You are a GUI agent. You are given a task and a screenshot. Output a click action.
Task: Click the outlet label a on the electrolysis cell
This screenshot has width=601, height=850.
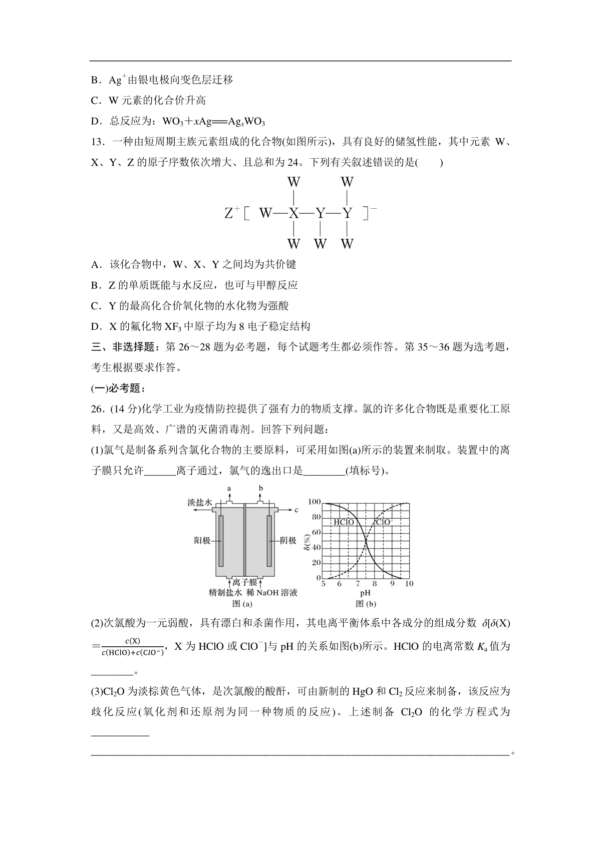229,487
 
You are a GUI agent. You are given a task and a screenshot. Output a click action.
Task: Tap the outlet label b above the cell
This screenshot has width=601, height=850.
261,487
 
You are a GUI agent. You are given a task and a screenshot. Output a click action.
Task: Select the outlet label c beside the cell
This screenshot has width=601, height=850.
296,510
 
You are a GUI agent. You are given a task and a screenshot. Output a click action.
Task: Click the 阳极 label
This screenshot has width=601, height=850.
202,541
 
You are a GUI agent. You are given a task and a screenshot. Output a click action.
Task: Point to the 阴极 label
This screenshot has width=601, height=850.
288,541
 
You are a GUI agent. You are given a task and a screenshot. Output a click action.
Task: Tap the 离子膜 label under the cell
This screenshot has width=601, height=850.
245,582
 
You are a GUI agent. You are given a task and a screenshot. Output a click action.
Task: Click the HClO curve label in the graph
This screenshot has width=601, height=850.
344,522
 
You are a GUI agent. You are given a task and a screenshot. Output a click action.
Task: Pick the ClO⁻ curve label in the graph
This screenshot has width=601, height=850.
385,522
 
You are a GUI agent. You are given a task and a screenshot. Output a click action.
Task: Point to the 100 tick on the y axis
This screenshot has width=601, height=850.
314,502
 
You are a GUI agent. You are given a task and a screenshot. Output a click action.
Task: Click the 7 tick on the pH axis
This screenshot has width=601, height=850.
358,584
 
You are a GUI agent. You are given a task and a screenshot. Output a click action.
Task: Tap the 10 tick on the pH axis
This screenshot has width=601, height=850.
409,584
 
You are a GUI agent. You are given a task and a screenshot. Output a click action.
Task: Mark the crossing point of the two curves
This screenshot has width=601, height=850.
366,540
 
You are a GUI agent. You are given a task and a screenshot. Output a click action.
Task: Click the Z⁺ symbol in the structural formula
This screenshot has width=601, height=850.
230,213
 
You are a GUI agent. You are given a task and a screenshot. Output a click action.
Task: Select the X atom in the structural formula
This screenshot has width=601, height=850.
293,213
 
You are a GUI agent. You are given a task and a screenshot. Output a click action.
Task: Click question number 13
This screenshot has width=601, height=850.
97,142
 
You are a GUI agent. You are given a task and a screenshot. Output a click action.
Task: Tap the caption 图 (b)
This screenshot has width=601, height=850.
366,604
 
